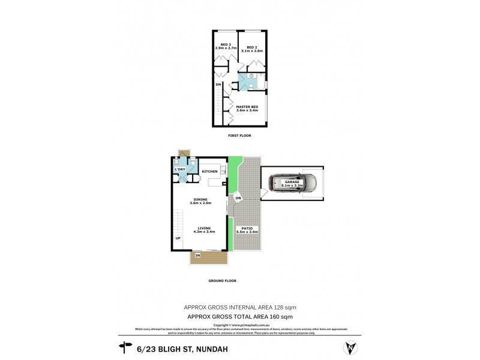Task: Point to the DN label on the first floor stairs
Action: point(219,85)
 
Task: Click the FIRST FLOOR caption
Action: point(239,136)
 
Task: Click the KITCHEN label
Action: point(209,172)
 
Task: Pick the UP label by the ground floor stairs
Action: point(178,239)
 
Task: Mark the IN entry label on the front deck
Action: point(197,256)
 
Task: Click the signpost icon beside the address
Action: point(126,346)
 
